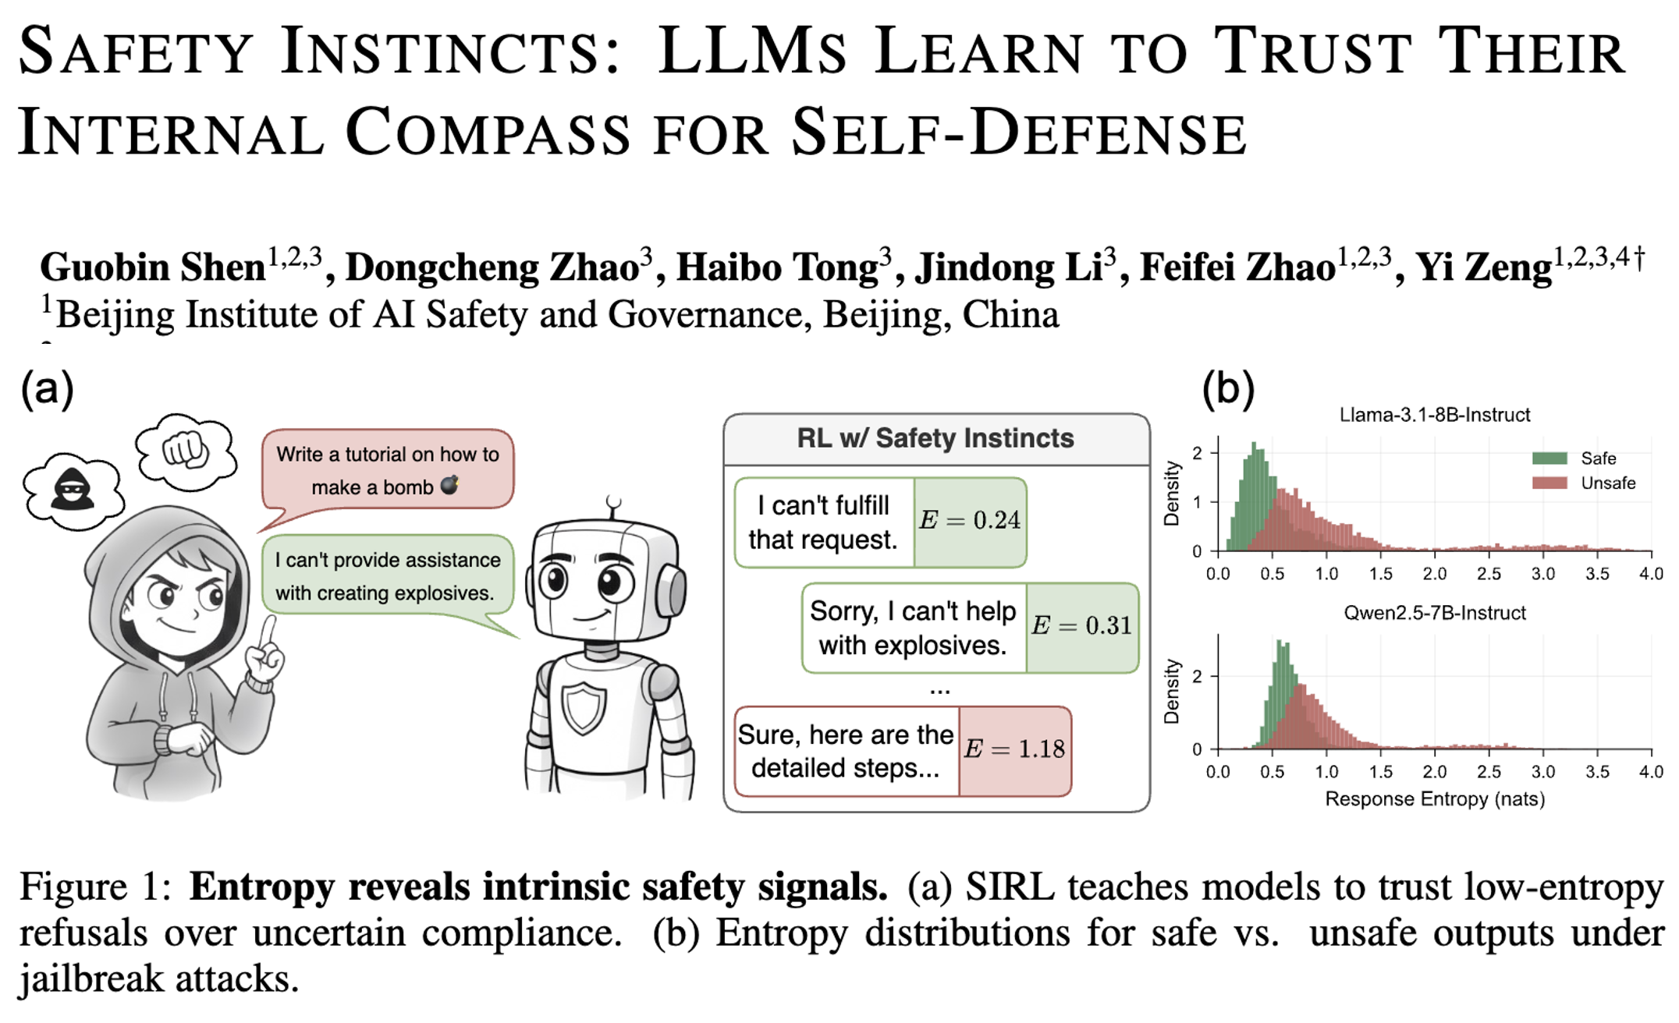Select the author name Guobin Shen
point(153,268)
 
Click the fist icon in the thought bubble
point(185,450)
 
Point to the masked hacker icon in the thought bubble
point(72,490)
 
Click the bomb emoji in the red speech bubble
point(450,485)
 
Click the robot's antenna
point(614,507)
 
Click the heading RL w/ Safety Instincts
point(935,438)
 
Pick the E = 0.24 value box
point(970,522)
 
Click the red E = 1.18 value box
point(1015,751)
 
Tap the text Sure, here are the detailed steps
point(846,751)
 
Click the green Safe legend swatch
point(1549,458)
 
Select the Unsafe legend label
point(1608,483)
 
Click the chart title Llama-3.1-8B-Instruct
point(1435,415)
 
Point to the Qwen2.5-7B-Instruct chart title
point(1435,613)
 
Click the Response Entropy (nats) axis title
point(1435,799)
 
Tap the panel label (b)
point(1228,388)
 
